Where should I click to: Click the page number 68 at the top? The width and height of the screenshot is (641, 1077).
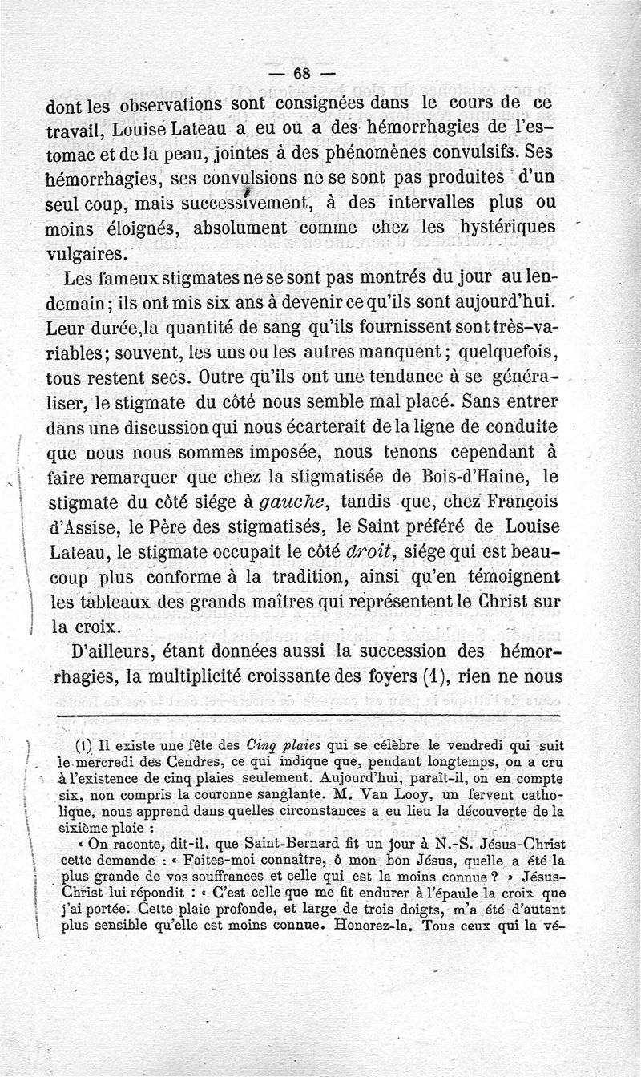tap(302, 73)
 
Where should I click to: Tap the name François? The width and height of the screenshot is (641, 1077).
tap(513, 503)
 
